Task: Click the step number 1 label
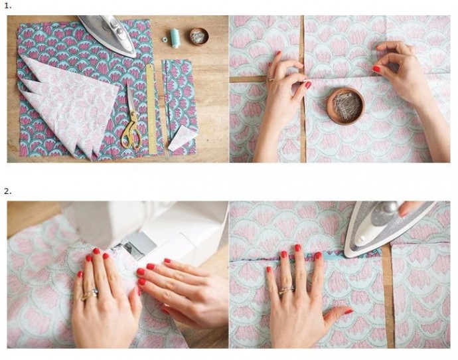tap(8, 6)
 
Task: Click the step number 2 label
tap(8, 192)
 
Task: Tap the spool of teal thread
tap(175, 38)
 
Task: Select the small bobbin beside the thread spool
tap(165, 39)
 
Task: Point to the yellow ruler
tap(151, 109)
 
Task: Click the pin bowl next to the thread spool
tap(199, 36)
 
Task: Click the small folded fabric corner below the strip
tap(183, 138)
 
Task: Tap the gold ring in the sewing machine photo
tap(90, 294)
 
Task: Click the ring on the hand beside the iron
tap(286, 290)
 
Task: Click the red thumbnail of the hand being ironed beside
tap(348, 312)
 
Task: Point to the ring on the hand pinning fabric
tap(271, 78)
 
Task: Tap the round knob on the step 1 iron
tap(119, 31)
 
